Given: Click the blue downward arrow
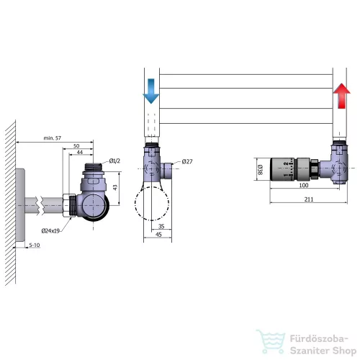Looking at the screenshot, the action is (151, 91).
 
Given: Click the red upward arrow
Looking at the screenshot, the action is (341, 96).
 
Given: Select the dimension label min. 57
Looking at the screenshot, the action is (53, 138).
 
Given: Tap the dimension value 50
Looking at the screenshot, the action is (76, 145).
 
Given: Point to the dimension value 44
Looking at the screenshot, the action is (80, 152).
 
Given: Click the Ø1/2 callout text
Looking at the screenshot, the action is (114, 161).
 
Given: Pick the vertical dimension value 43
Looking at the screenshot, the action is (115, 187).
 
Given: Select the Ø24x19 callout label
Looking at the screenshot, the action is (50, 231).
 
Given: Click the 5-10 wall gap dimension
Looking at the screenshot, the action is (35, 245).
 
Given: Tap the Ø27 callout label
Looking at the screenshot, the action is (187, 161).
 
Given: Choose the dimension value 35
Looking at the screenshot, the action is (161, 226).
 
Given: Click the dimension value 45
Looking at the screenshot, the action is (158, 235).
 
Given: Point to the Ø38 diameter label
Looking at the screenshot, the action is (260, 169).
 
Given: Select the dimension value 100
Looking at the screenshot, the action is (304, 185).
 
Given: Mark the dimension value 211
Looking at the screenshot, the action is (309, 199).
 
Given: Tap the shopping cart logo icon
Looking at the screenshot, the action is (271, 342).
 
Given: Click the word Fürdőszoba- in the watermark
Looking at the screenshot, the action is (319, 339).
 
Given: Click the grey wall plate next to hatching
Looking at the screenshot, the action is (20, 205).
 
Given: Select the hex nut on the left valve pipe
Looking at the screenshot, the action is (66, 205).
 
